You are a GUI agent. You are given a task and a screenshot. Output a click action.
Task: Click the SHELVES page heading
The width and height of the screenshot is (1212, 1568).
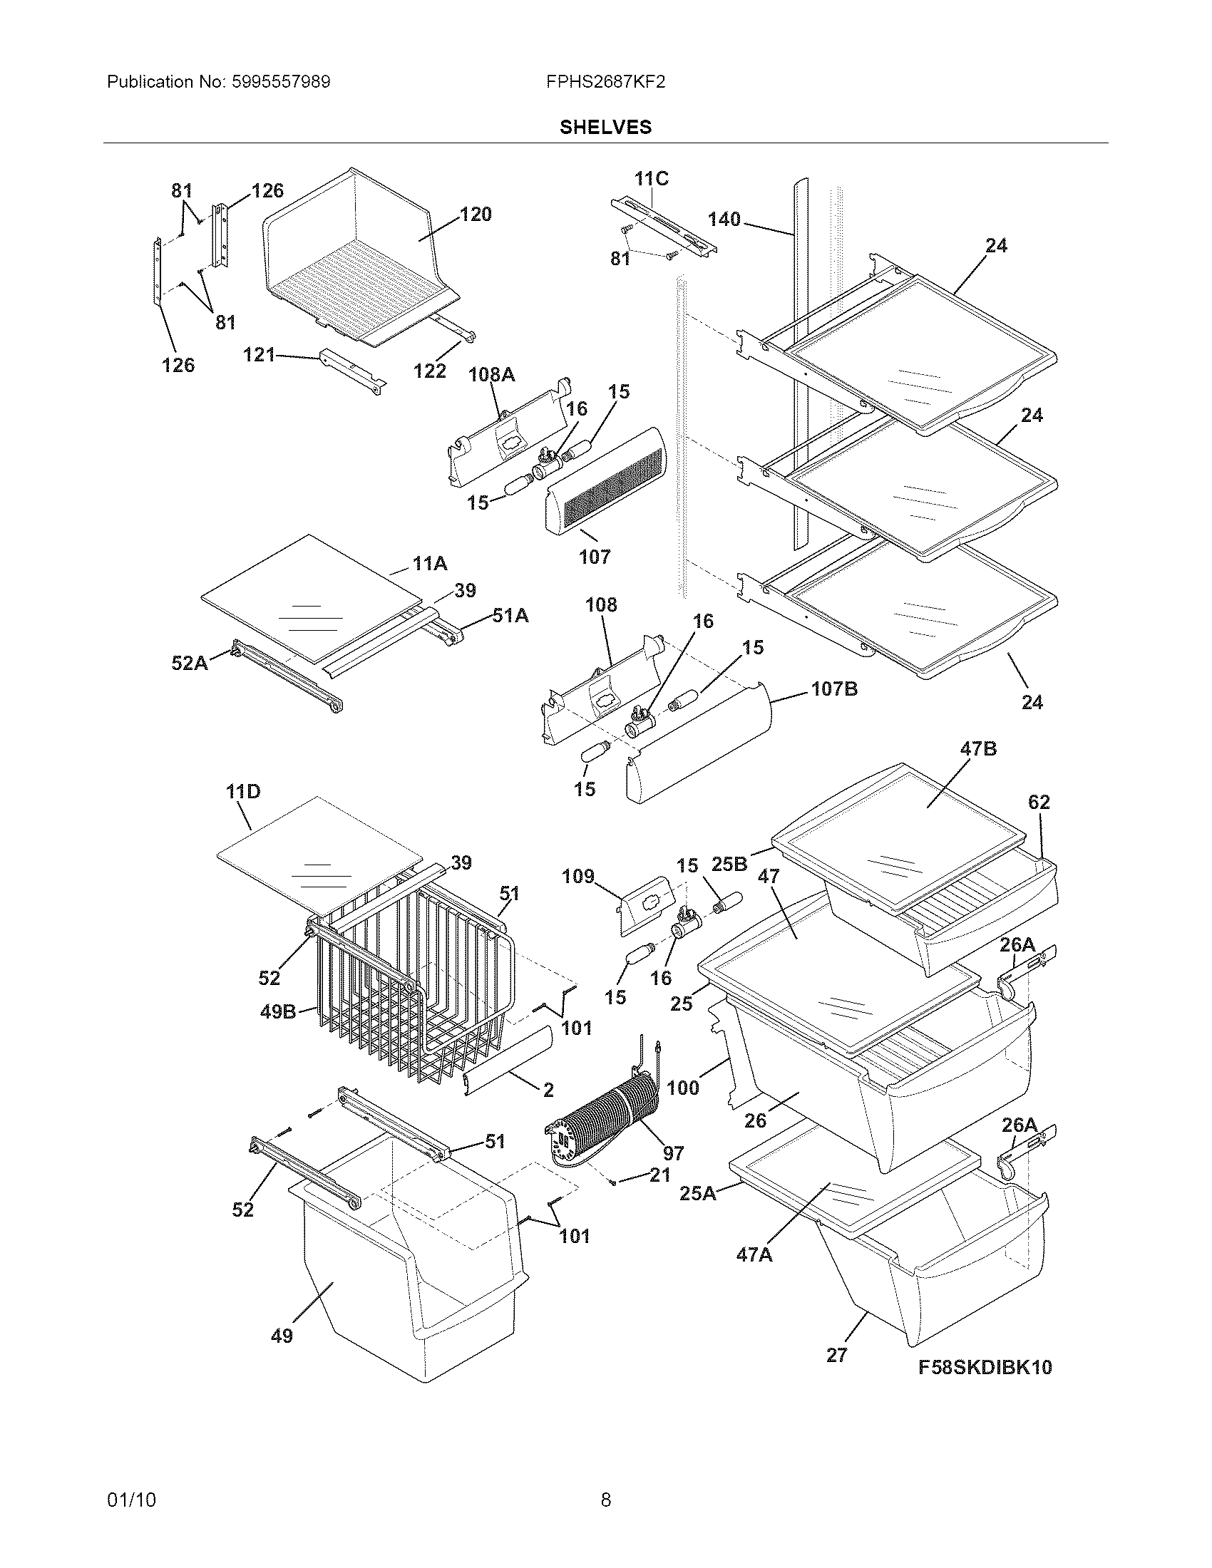tap(605, 127)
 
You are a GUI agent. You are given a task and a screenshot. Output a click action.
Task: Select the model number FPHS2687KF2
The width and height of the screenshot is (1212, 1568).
tap(605, 82)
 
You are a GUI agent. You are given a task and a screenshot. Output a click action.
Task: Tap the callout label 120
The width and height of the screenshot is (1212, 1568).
tap(476, 214)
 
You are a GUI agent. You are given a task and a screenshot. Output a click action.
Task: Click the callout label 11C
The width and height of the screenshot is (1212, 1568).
tap(651, 179)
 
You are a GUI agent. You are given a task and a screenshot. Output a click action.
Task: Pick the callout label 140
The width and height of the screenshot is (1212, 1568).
tap(724, 219)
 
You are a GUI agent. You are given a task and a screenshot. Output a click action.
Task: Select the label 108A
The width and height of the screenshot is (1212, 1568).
tap(492, 374)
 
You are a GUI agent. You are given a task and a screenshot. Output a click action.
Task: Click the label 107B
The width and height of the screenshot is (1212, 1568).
tap(834, 689)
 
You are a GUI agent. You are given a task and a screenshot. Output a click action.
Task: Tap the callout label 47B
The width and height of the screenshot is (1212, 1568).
tap(978, 749)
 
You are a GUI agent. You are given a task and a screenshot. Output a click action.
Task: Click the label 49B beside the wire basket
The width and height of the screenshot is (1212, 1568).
tap(278, 1013)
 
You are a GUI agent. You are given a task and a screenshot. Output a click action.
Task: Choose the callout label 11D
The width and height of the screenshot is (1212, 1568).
tap(243, 792)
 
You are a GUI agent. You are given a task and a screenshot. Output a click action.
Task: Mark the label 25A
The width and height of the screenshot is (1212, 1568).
tap(698, 1193)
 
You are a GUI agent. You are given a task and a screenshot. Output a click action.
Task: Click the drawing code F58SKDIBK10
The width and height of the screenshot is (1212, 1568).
tap(985, 1367)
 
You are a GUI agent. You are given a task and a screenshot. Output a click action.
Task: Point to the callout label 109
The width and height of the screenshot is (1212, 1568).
tap(578, 876)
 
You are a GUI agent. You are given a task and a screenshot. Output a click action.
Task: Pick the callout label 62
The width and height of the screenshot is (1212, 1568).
tap(1038, 802)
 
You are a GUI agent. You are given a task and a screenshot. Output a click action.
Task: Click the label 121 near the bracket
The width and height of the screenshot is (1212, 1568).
tap(260, 354)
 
